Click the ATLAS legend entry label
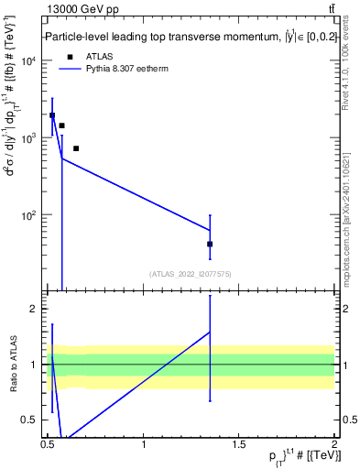click(x=99, y=56)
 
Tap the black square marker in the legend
click(x=70, y=56)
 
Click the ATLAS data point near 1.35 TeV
click(x=210, y=244)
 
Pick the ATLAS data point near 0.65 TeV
click(x=76, y=148)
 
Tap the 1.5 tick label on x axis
click(x=239, y=444)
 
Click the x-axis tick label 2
click(x=334, y=444)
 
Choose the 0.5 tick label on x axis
click(x=48, y=444)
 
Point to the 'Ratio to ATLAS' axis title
click(x=14, y=365)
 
